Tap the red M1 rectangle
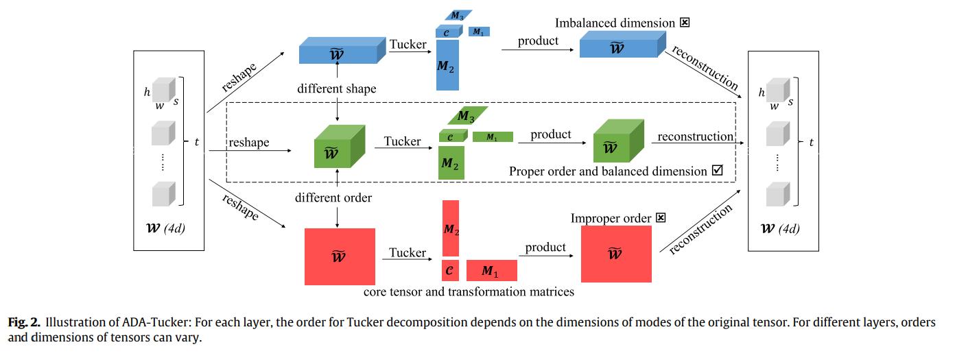(491, 271)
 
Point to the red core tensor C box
(449, 271)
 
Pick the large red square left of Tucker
(340, 256)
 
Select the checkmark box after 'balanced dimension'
(718, 170)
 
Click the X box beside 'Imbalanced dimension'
(684, 23)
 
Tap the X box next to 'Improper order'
(661, 218)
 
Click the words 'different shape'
(336, 88)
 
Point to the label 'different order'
(333, 198)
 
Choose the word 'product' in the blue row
(538, 40)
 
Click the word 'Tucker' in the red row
(408, 253)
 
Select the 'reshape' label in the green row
(249, 143)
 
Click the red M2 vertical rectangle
(450, 228)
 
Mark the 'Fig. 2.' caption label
(24, 322)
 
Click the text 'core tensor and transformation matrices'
(469, 292)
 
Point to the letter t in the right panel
(812, 143)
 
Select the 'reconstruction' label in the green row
(695, 136)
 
